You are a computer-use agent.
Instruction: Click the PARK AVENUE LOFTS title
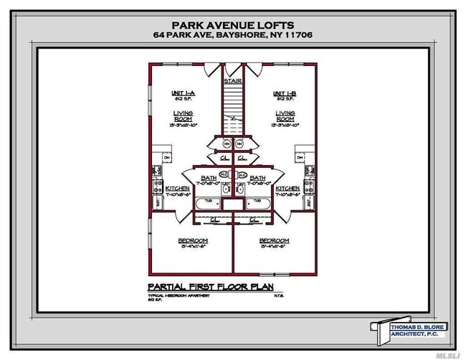232,22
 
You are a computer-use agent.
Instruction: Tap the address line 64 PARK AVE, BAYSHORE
232,34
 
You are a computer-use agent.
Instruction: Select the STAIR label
232,81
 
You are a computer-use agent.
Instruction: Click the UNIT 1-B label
285,93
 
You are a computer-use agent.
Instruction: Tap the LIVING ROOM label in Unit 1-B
285,117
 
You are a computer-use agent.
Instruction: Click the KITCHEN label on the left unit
176,188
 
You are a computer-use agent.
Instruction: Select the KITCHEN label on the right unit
287,188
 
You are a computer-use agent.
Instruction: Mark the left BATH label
209,177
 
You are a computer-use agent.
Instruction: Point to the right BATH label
257,177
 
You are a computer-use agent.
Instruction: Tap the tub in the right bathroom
257,202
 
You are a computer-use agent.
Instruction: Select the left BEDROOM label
193,240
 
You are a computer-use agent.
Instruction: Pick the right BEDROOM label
274,240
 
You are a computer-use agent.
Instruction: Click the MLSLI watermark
447,353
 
